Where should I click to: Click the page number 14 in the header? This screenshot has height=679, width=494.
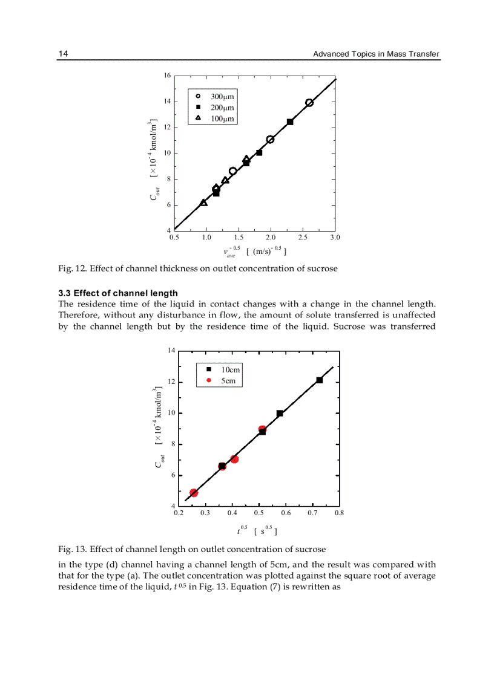pyautogui.click(x=62, y=54)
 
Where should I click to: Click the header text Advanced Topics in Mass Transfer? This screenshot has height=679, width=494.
pyautogui.click(x=375, y=54)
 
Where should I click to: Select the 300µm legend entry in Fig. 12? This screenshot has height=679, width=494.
pyautogui.click(x=216, y=97)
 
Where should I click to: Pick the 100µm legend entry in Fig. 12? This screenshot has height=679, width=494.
pyautogui.click(x=216, y=119)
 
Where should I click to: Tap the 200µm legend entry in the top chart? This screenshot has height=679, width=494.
pyautogui.click(x=216, y=108)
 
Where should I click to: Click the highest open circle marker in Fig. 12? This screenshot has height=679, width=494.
pyautogui.click(x=309, y=103)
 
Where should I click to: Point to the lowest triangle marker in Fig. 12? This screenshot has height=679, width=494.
pyautogui.click(x=203, y=203)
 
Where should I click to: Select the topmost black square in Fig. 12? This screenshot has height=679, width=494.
pyautogui.click(x=290, y=122)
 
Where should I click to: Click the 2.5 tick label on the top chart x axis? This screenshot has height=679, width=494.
pyautogui.click(x=303, y=238)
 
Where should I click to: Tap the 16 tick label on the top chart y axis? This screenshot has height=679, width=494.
pyautogui.click(x=167, y=76)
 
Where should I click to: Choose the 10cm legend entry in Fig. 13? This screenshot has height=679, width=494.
pyautogui.click(x=223, y=369)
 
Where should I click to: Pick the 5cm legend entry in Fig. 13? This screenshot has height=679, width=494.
pyautogui.click(x=222, y=380)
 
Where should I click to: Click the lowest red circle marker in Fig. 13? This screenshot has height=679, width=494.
pyautogui.click(x=194, y=493)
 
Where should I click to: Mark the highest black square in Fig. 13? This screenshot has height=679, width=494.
pyautogui.click(x=319, y=380)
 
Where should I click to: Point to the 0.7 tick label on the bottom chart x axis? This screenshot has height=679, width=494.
pyautogui.click(x=312, y=513)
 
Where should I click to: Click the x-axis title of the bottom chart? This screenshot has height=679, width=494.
pyautogui.click(x=257, y=531)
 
